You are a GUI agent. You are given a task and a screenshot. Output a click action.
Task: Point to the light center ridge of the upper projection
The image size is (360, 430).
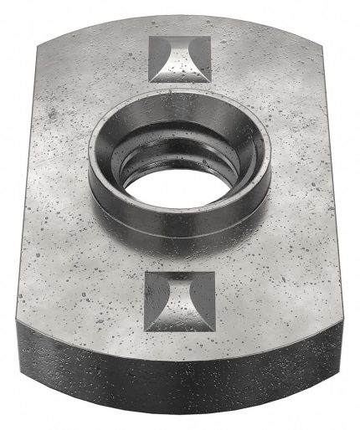tap(179, 60)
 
